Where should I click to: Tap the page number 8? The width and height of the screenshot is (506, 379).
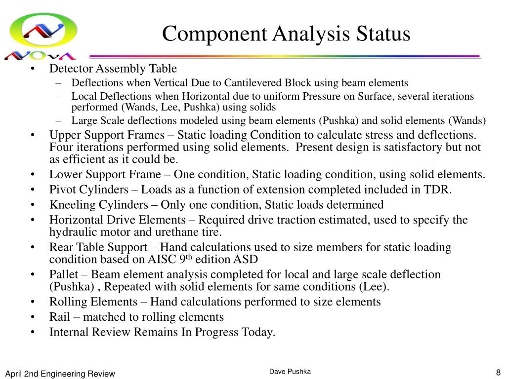tap(498, 373)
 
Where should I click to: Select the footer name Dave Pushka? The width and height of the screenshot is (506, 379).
tap(290, 372)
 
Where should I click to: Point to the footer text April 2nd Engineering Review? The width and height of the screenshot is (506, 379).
tap(60, 374)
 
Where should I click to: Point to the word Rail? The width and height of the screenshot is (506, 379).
tap(59, 317)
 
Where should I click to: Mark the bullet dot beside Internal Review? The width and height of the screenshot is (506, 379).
tap(32, 332)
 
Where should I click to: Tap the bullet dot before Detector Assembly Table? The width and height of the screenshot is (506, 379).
tap(32, 69)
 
